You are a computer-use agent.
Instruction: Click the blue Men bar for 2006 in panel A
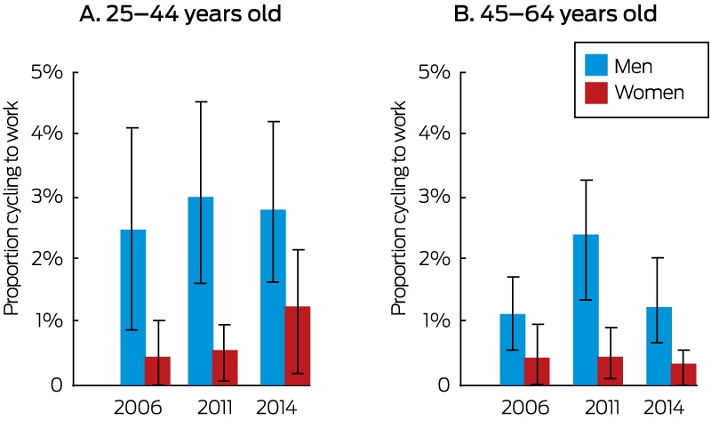132,307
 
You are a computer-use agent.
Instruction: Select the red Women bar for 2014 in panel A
298,346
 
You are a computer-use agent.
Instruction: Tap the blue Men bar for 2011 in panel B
586,310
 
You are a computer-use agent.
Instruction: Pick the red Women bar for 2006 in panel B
537,371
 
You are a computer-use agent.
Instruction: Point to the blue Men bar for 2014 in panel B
659,346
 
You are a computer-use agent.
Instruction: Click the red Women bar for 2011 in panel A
225,368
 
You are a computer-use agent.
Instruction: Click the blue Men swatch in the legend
595,65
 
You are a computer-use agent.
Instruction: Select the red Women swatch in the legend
595,93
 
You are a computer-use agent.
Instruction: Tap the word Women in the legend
650,93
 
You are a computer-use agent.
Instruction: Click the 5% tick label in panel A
47,72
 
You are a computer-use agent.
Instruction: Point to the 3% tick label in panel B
435,197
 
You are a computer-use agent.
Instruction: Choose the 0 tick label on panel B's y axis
443,385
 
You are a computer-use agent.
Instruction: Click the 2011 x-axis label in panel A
215,408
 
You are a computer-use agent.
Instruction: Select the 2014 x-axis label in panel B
663,408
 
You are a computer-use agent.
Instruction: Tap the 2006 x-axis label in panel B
525,408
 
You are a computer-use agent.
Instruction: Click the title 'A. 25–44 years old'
180,14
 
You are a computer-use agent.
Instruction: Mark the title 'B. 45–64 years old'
555,14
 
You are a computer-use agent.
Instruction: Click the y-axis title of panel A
12,208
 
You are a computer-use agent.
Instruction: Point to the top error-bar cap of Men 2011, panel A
201,101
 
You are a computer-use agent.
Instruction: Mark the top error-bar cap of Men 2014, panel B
659,257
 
